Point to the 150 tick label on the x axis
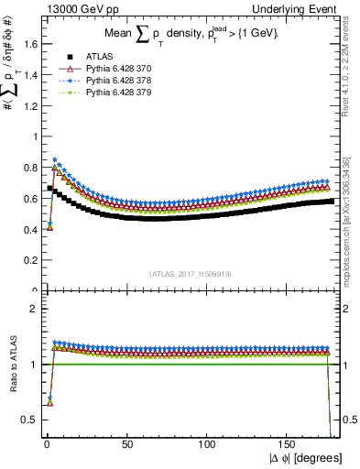click(291, 444)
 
